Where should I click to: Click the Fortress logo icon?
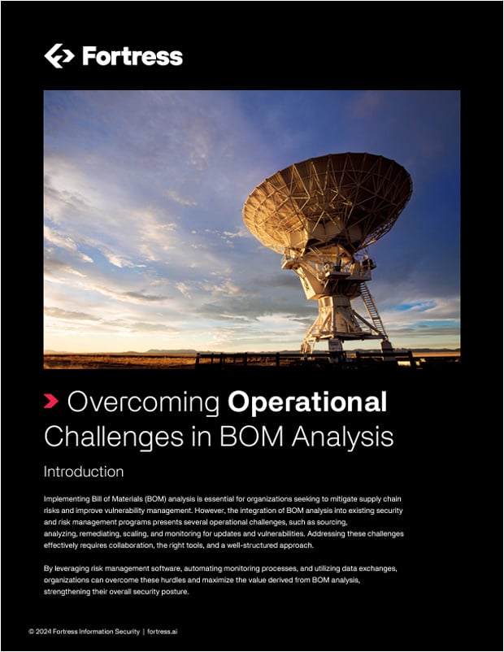click(59, 55)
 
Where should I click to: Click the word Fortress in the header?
click(132, 56)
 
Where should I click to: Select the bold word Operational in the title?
click(307, 402)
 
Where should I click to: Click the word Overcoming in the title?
click(144, 402)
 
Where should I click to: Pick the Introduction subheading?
click(84, 472)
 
